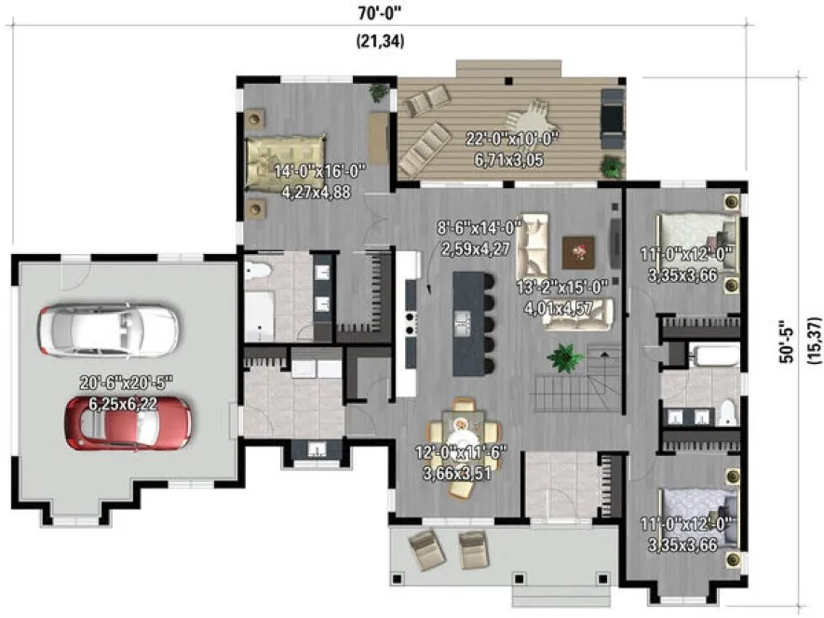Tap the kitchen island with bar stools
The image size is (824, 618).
[x=469, y=323]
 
